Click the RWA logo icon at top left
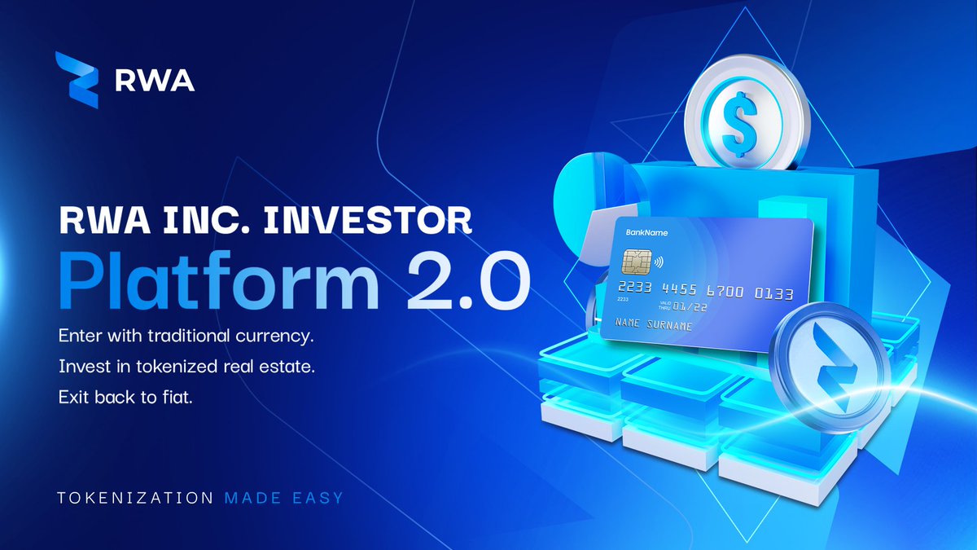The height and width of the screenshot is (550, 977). coord(77,80)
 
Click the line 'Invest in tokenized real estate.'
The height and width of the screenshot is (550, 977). coord(186,367)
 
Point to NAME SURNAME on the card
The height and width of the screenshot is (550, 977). coord(654,325)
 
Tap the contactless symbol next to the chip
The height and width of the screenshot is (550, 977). coord(657,263)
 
